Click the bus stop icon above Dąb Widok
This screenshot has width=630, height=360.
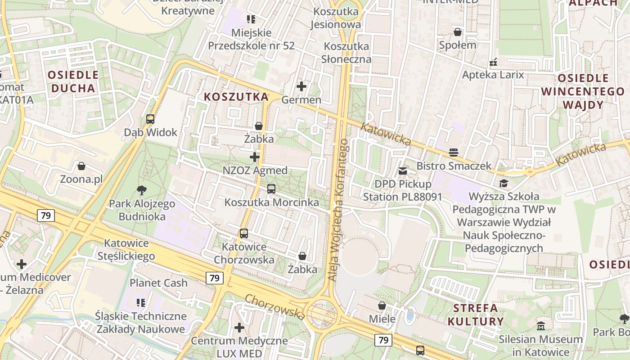[150, 119]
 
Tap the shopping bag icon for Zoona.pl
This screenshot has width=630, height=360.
[81, 166]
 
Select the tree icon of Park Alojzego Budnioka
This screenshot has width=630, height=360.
[142, 190]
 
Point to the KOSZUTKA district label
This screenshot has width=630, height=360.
[236, 97]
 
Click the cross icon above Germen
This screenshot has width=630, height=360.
[301, 86]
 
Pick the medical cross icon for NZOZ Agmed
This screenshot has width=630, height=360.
[255, 157]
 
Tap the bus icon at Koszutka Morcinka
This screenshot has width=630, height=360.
[271, 189]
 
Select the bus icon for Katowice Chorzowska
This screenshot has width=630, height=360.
[244, 234]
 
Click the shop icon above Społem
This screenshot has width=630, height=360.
[458, 32]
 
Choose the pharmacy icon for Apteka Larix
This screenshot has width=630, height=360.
[493, 62]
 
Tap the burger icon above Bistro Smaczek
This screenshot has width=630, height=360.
[454, 153]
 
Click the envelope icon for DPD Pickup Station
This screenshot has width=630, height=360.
[403, 171]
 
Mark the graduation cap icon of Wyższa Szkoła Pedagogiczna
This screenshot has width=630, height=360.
[504, 183]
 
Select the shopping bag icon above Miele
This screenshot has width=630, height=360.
[382, 306]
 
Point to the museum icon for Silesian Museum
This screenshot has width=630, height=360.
[541, 325]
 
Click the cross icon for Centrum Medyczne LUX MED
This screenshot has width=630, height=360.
[239, 327]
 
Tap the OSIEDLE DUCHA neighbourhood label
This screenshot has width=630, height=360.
[73, 81]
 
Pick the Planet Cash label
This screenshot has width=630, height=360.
[158, 283]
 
